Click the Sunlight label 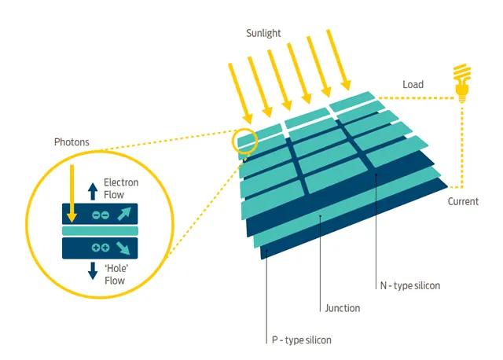click(x=263, y=33)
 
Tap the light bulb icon click(x=461, y=83)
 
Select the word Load click(x=413, y=84)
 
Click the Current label click(x=463, y=201)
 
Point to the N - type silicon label click(x=410, y=285)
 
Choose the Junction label click(x=343, y=308)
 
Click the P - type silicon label click(x=301, y=340)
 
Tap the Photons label click(x=72, y=142)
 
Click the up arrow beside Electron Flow click(x=93, y=191)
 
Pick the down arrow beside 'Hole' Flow click(x=93, y=271)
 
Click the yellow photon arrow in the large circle click(x=72, y=194)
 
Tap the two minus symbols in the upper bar click(x=101, y=215)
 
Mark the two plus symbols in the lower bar click(x=101, y=248)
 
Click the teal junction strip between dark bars click(x=100, y=230)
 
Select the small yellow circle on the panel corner click(x=244, y=140)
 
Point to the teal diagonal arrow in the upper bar click(x=124, y=214)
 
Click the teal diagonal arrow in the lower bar click(x=123, y=248)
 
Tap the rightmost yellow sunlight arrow click(x=339, y=60)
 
